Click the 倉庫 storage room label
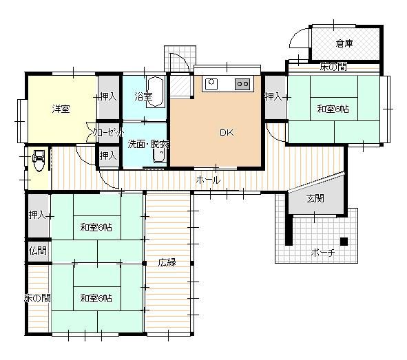(x=344, y=43)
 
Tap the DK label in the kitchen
(x=227, y=133)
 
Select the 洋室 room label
(x=61, y=109)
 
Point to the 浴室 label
(x=143, y=98)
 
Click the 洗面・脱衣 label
(x=148, y=144)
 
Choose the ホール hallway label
(x=208, y=180)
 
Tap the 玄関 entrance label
(x=315, y=198)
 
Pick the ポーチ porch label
(x=322, y=253)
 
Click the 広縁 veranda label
(x=167, y=262)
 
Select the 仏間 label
(x=37, y=251)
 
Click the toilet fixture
(x=39, y=160)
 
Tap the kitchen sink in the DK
(x=211, y=84)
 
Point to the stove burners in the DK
(x=242, y=84)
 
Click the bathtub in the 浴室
(x=156, y=92)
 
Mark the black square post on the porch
(x=344, y=241)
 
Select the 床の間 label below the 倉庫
(x=333, y=67)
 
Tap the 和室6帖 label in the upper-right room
(x=333, y=109)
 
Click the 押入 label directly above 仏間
(x=37, y=215)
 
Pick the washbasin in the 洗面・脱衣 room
(x=159, y=156)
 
